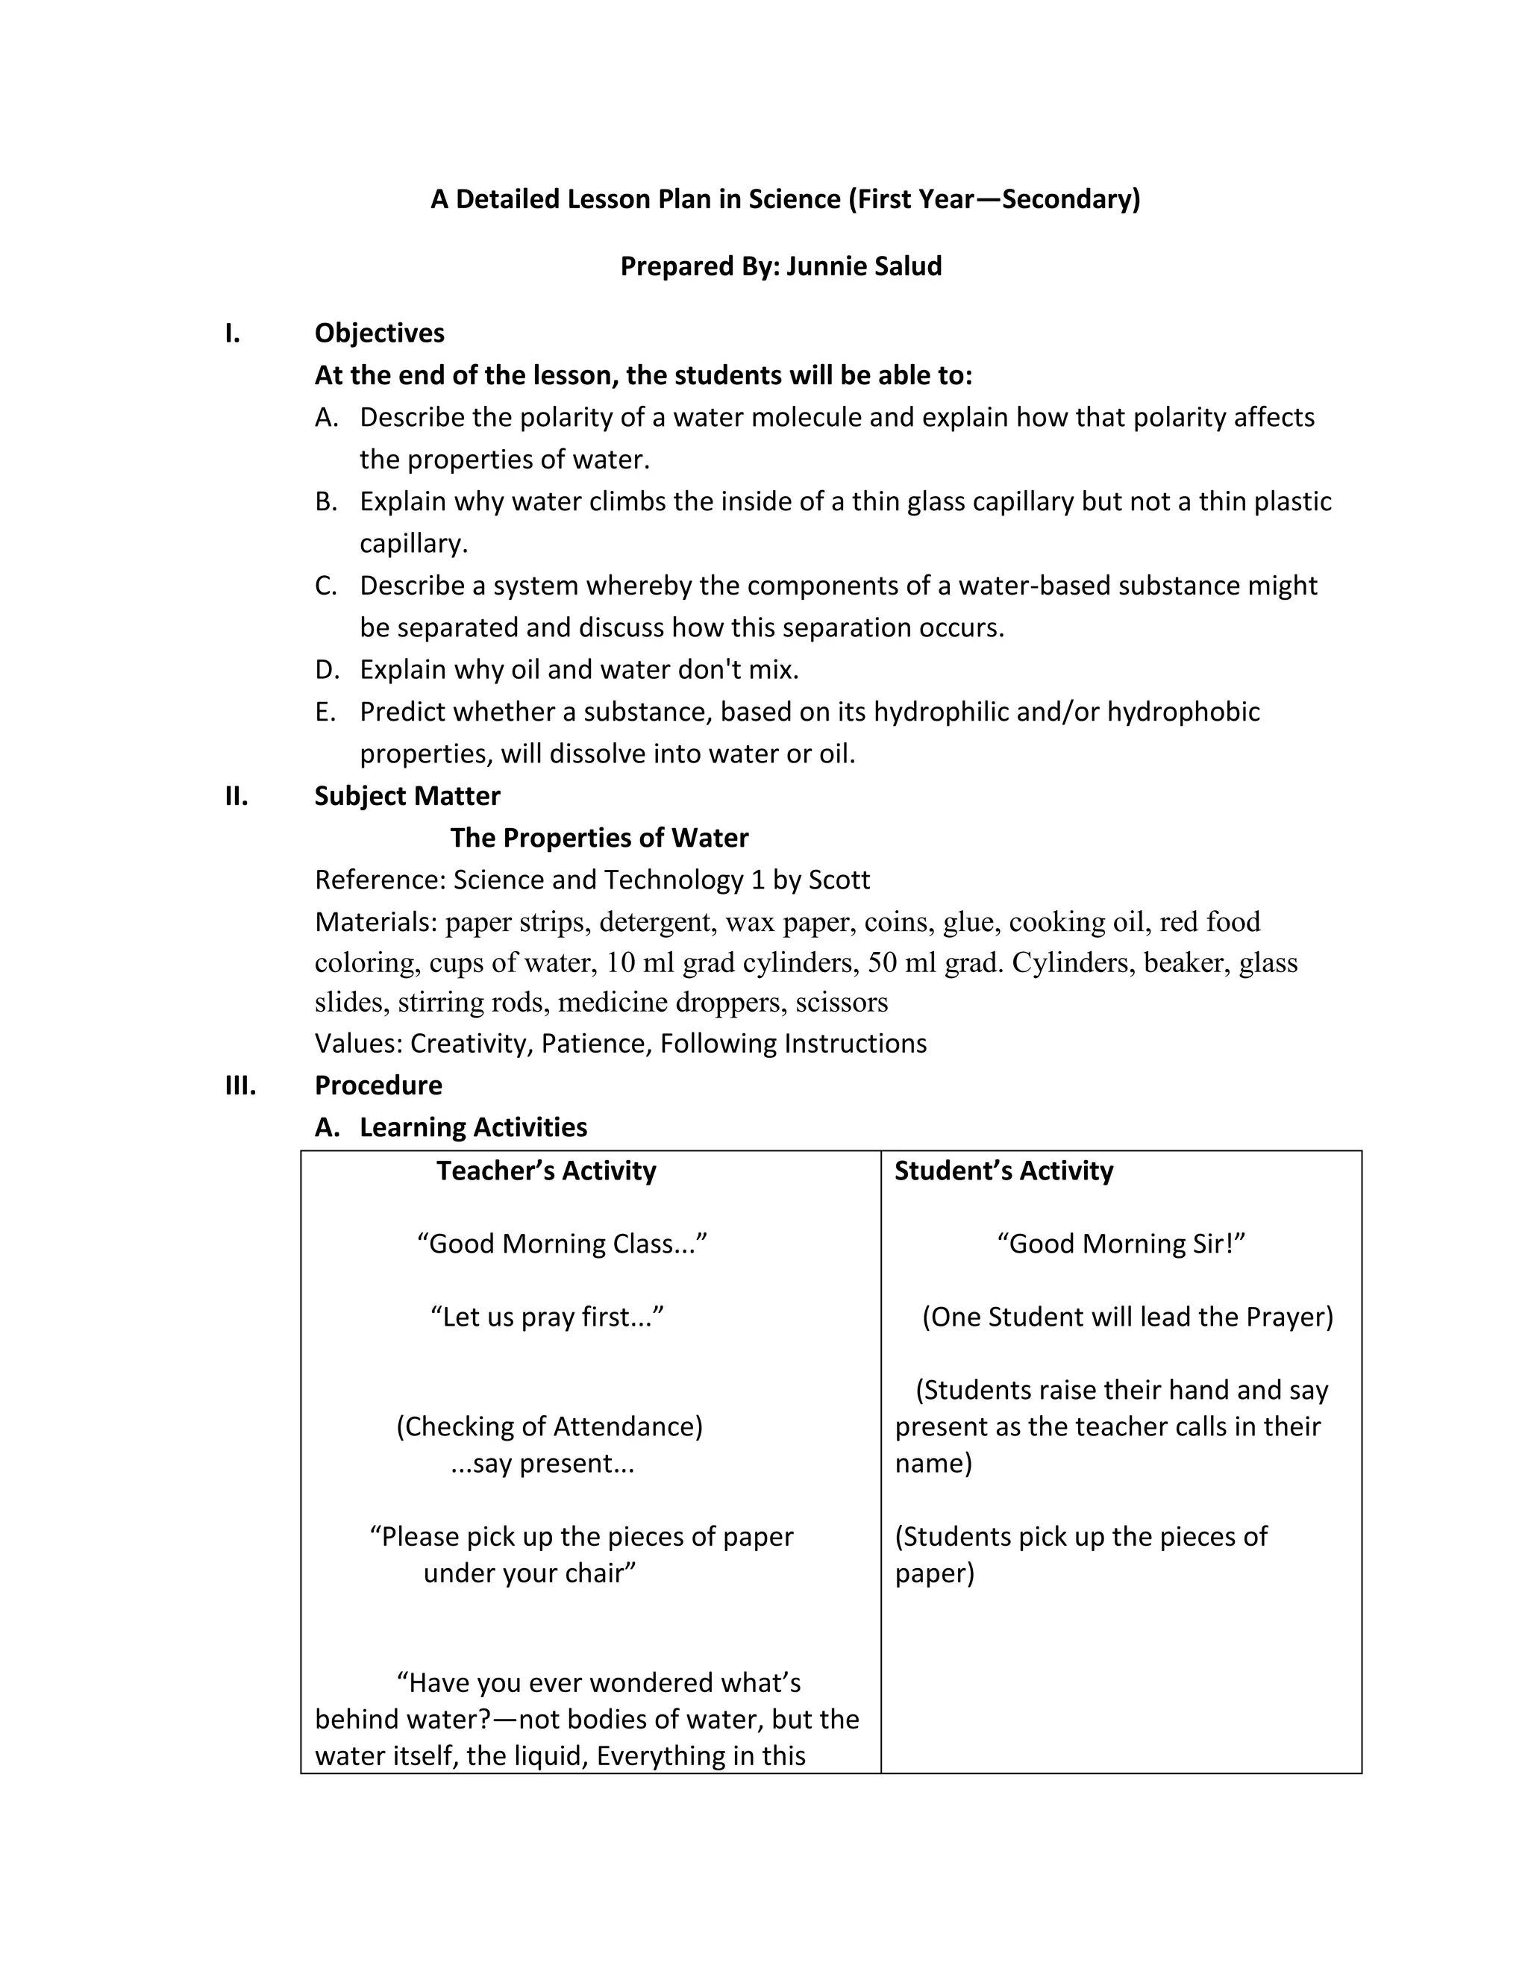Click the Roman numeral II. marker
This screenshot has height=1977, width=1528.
(x=237, y=796)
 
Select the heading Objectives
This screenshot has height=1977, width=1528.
(x=379, y=333)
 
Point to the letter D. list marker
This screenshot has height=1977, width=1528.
(x=326, y=670)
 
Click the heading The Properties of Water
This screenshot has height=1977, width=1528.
(x=598, y=837)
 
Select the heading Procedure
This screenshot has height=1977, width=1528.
(x=378, y=1085)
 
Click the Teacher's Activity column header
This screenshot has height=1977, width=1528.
(x=546, y=1171)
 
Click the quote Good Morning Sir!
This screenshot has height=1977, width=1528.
(x=1121, y=1244)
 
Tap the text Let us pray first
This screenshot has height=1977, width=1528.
(x=547, y=1316)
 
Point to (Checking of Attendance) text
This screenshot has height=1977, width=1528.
(x=548, y=1426)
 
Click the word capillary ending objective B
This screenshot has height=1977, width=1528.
(x=413, y=543)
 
